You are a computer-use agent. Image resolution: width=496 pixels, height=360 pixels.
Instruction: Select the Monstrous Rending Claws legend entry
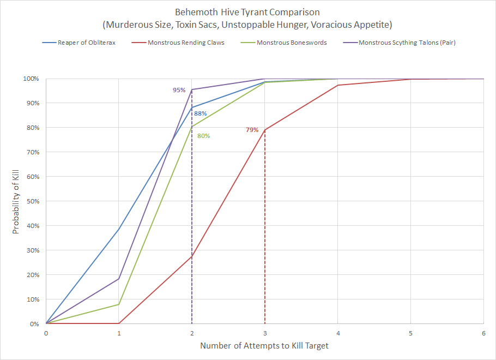(x=185, y=43)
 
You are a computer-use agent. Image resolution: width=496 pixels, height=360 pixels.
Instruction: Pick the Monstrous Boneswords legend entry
(x=292, y=43)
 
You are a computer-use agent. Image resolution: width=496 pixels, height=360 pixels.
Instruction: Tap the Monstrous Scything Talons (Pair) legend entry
(x=407, y=43)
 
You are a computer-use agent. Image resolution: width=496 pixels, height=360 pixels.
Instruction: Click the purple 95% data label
(x=179, y=90)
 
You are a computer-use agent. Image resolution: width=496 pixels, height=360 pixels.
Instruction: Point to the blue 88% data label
(x=201, y=113)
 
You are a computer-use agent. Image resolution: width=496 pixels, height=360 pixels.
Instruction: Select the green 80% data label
(x=204, y=136)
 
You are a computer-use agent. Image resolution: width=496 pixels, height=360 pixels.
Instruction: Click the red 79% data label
(x=252, y=130)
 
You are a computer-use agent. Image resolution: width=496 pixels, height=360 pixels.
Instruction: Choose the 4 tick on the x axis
(x=338, y=333)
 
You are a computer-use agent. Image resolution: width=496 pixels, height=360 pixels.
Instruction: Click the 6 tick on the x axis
(x=483, y=333)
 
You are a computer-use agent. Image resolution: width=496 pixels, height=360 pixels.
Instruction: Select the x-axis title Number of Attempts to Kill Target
(x=264, y=346)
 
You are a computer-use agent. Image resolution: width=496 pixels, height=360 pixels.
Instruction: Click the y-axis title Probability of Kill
(x=16, y=201)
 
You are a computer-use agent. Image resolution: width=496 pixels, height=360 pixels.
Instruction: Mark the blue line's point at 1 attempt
(x=119, y=229)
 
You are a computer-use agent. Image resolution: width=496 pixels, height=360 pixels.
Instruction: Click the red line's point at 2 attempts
(x=192, y=256)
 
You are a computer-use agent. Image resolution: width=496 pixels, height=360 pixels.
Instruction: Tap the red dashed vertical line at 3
(x=265, y=229)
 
